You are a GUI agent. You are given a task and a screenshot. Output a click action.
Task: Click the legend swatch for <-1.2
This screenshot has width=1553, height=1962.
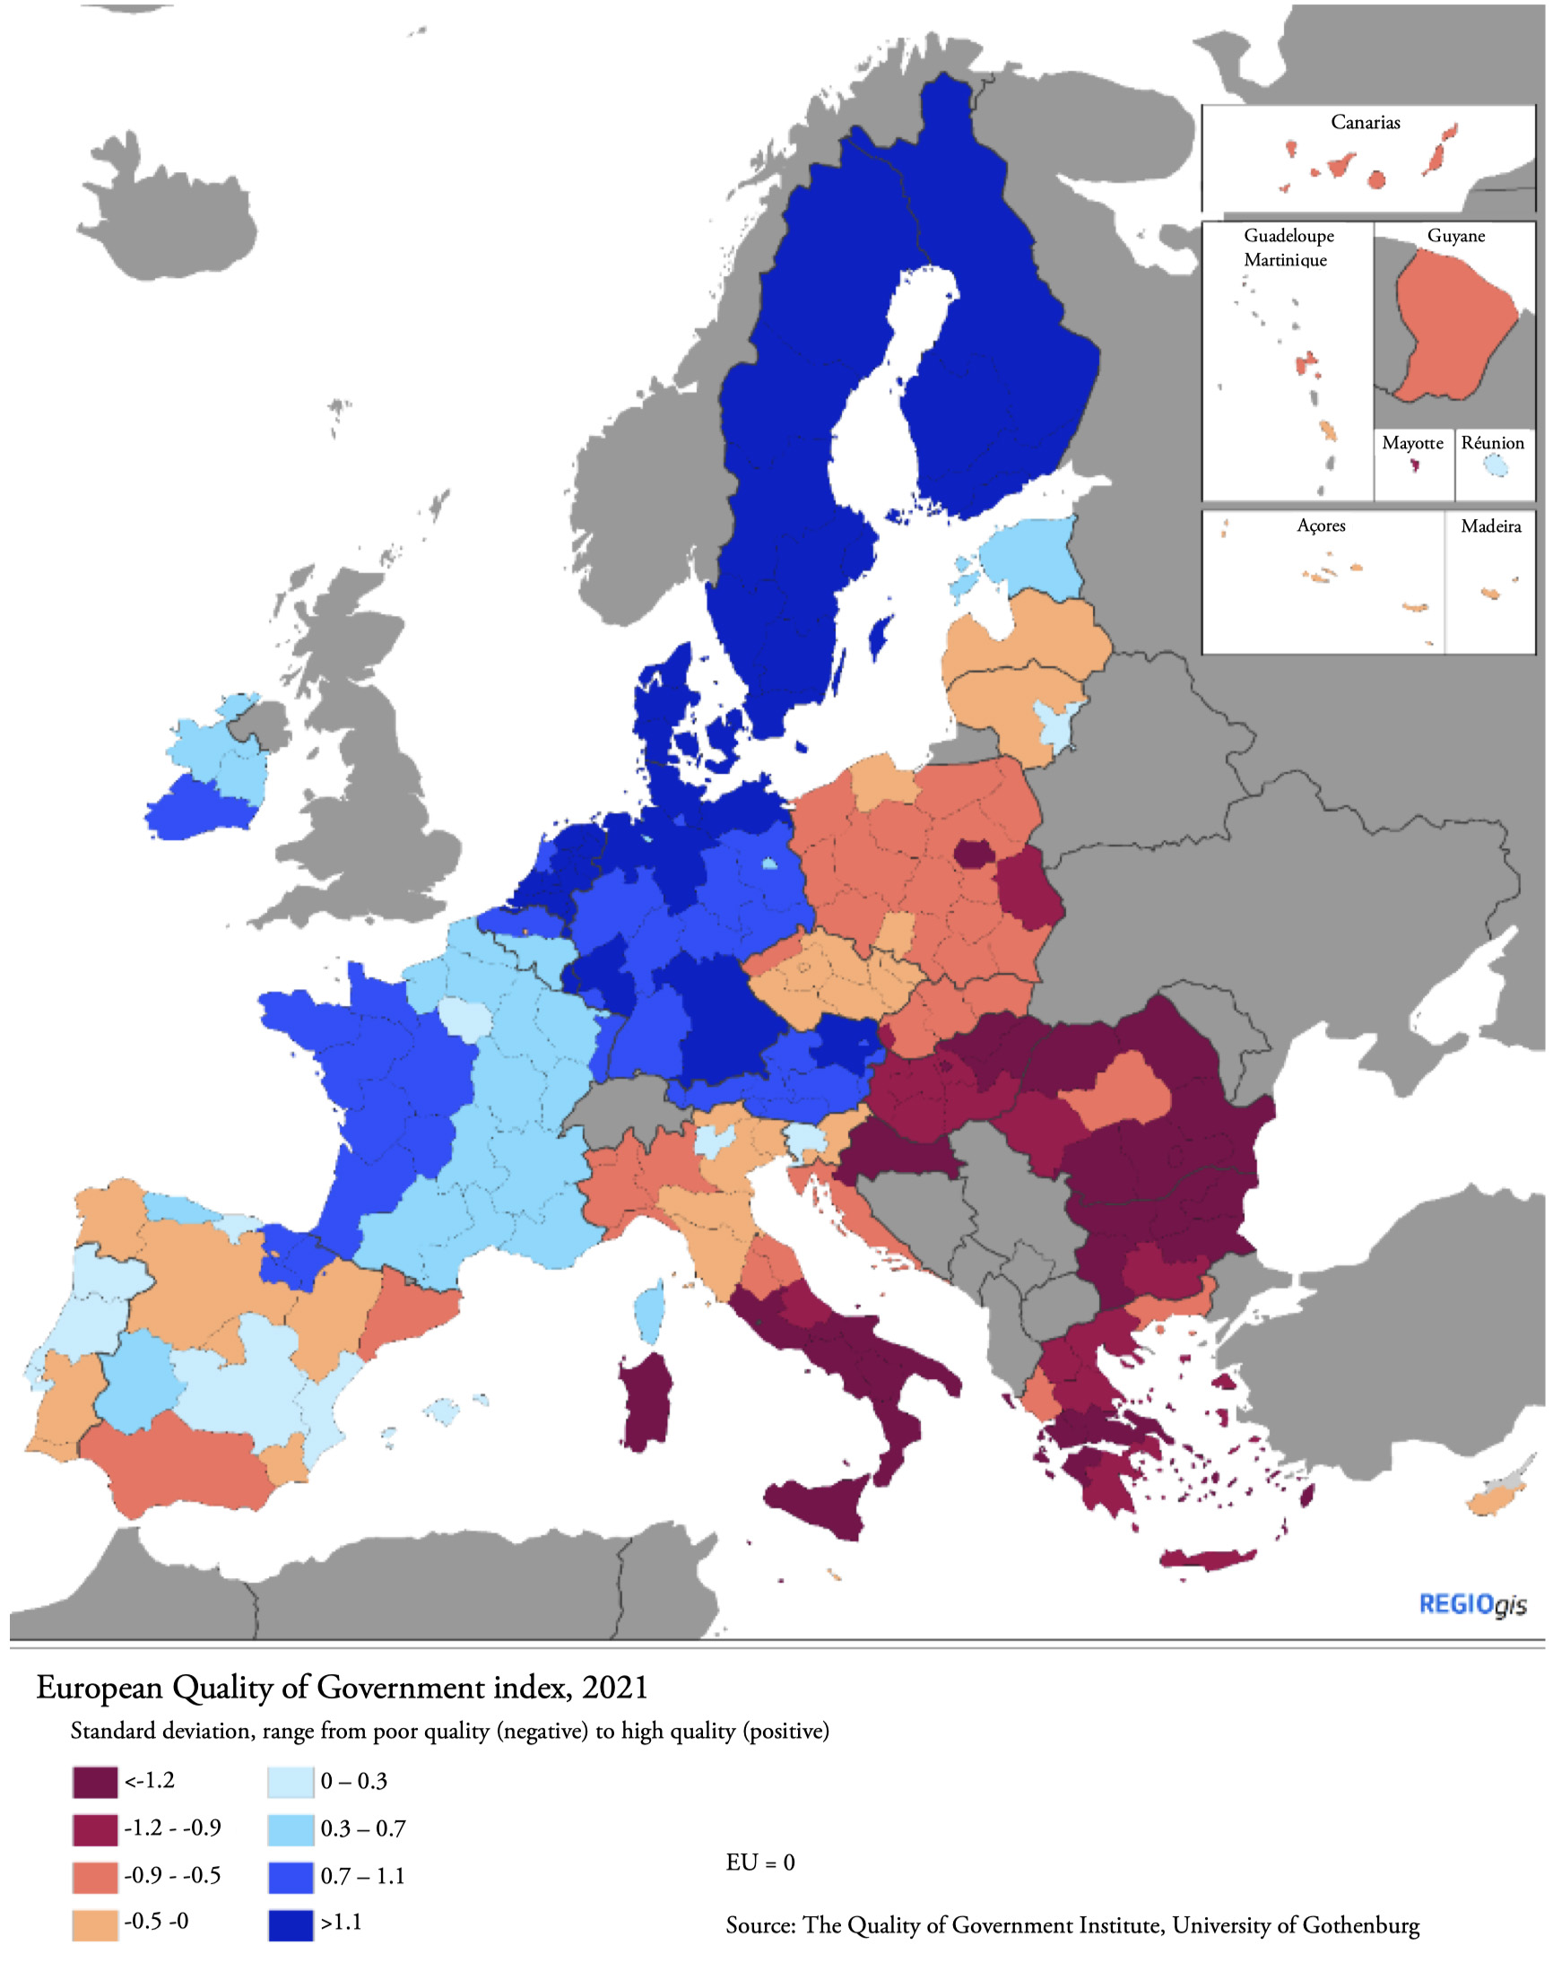[x=94, y=1781]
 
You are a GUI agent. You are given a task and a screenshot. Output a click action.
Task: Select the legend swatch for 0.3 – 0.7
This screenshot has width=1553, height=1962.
[x=290, y=1828]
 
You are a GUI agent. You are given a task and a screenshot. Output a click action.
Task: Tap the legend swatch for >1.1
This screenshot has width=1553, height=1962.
[x=290, y=1923]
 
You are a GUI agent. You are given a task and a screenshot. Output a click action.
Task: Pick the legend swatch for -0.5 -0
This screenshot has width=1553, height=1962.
[x=94, y=1923]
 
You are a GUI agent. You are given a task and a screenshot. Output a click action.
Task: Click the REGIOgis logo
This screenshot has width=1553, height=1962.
[x=1472, y=1604]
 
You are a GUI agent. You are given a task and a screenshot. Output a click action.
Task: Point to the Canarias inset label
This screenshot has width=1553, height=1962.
[x=1365, y=122]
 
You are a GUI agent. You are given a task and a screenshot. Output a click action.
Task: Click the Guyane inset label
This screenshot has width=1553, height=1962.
[x=1455, y=236]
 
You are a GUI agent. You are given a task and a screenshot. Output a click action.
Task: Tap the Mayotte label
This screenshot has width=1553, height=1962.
[x=1412, y=443]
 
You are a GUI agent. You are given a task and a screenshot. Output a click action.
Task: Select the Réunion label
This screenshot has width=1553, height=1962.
[x=1492, y=443]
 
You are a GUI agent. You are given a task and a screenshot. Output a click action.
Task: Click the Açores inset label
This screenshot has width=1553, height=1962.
[x=1320, y=525]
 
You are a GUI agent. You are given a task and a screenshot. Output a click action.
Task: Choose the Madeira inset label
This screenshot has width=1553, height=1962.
[x=1490, y=525]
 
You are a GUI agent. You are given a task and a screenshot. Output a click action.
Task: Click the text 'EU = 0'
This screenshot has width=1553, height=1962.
[x=760, y=1862]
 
